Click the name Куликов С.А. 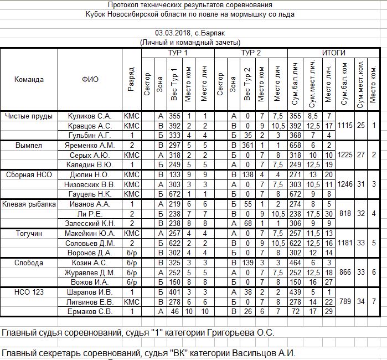tap(90, 116)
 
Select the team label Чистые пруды tap(29, 116)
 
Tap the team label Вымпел tap(29, 145)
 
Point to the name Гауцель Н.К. tap(90, 194)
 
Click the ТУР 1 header tap(178, 53)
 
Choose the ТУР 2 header tap(251, 53)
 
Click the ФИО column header tap(90, 79)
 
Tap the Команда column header tap(29, 79)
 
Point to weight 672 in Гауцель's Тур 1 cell tap(175, 194)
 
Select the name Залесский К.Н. tap(90, 223)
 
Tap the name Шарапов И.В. tap(90, 292)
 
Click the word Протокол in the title tap(124, 4)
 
